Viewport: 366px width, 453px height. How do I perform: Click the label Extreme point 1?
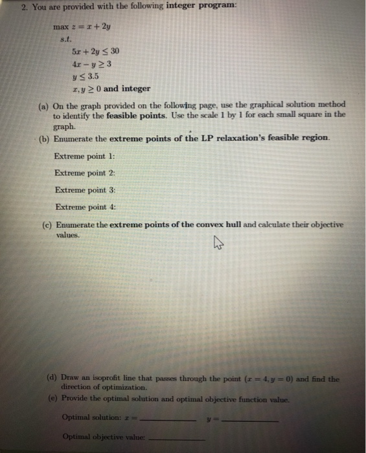pyautogui.click(x=85, y=157)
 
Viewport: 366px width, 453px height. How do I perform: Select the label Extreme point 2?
pyautogui.click(x=85, y=173)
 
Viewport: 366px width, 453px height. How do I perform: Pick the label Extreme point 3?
pyautogui.click(x=85, y=190)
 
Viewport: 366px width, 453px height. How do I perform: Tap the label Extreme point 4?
pyautogui.click(x=85, y=207)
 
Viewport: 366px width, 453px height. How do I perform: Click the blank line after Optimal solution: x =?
pyautogui.click(x=167, y=419)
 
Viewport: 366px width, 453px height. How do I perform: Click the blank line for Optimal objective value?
pyautogui.click(x=177, y=439)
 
